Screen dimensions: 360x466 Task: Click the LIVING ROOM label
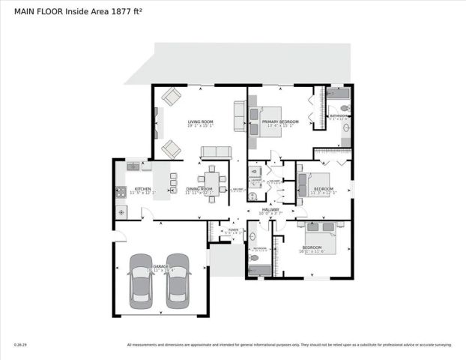pos(201,121)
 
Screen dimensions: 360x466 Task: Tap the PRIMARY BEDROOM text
pos(280,121)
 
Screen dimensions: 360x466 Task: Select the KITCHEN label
pos(142,189)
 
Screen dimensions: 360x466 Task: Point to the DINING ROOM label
pos(200,189)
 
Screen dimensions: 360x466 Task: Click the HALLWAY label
pos(269,210)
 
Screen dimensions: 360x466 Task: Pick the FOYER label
pos(234,229)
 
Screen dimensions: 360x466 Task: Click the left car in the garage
pos(140,280)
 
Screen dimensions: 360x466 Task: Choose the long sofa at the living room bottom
pos(216,152)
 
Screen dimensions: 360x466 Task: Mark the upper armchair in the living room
pos(172,97)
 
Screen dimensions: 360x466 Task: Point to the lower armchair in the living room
pos(172,148)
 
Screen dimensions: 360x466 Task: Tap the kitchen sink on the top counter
pos(133,166)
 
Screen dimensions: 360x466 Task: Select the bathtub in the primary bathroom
pos(339,94)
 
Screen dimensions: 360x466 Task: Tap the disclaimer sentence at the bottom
pos(289,345)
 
